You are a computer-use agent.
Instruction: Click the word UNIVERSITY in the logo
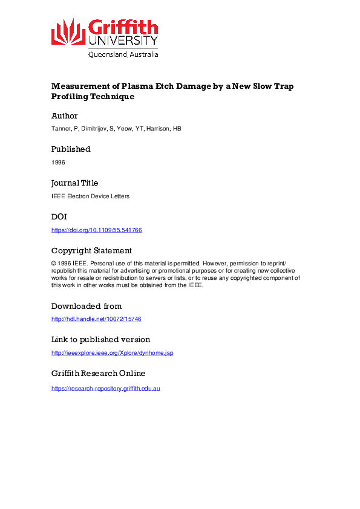click(x=123, y=41)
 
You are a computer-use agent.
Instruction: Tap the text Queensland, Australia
click(x=123, y=54)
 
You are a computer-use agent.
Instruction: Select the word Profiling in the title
click(x=69, y=96)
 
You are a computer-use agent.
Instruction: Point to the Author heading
click(x=65, y=115)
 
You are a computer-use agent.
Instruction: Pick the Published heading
click(x=71, y=149)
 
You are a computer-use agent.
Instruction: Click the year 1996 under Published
click(x=57, y=162)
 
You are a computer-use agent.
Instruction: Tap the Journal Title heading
click(x=74, y=183)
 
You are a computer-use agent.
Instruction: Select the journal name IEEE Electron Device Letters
click(x=90, y=196)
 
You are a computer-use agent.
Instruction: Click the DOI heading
click(x=59, y=216)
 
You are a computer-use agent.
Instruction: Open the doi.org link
click(x=96, y=230)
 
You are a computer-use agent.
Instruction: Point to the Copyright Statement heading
click(x=91, y=250)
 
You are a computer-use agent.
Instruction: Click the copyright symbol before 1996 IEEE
click(x=54, y=264)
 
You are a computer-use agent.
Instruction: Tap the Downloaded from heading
click(x=87, y=306)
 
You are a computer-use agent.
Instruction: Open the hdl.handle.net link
click(x=96, y=319)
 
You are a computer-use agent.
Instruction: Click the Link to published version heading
click(x=100, y=339)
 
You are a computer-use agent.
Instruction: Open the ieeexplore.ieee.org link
click(x=112, y=352)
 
